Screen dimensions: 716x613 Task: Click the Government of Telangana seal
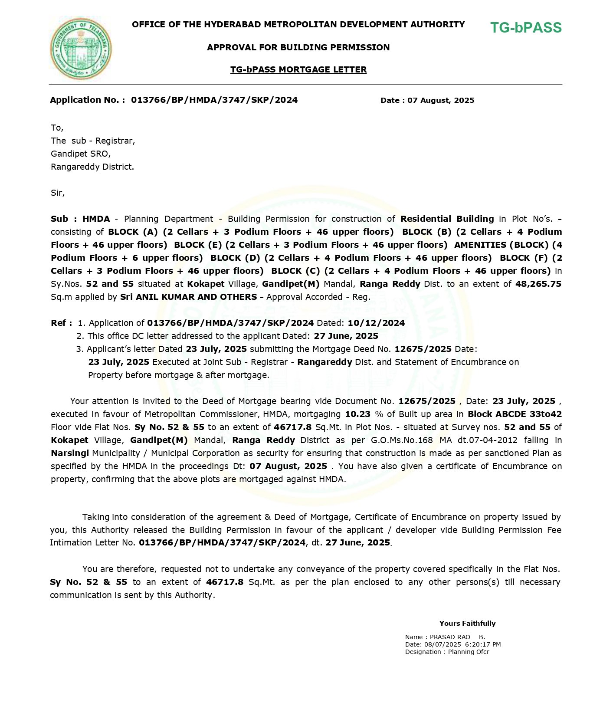[81, 49]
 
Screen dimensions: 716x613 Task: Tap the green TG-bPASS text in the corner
[526, 28]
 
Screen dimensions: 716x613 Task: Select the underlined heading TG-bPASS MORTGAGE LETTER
[298, 69]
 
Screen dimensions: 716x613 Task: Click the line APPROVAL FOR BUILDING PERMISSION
[298, 47]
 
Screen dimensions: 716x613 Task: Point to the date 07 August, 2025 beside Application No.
[441, 100]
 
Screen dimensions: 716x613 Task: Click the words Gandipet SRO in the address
[81, 154]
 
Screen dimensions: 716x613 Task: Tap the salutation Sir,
[58, 193]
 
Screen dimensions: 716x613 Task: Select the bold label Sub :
[64, 219]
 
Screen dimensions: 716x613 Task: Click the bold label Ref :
[61, 323]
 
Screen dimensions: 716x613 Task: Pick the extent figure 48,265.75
[538, 284]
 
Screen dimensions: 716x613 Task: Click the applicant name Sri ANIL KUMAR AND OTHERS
[190, 297]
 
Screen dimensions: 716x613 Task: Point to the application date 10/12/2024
[376, 323]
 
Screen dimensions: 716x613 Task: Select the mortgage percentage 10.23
[358, 414]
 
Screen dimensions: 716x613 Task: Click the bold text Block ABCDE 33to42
[515, 414]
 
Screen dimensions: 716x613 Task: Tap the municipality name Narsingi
[70, 453]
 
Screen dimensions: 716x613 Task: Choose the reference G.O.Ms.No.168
[402, 440]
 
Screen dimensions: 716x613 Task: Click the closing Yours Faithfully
[467, 623]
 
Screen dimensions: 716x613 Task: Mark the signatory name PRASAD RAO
[450, 637]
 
